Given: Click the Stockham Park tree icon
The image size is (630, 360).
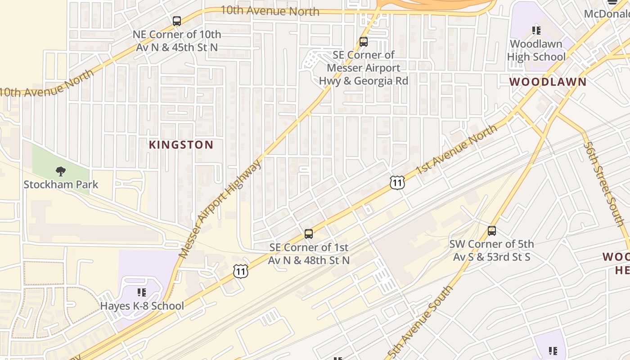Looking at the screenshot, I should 61,171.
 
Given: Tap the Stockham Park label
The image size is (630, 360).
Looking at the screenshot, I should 61,184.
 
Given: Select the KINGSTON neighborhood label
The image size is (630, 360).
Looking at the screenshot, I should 181,145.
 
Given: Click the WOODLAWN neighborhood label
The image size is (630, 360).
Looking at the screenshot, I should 548,82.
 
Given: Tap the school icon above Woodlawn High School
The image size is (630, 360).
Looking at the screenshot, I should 536,31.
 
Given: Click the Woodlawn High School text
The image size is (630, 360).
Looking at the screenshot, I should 536,50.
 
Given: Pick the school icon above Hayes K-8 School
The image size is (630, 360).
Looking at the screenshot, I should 142,292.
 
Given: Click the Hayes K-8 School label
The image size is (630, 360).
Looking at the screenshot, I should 142,306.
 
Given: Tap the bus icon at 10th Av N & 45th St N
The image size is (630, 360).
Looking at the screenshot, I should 177,21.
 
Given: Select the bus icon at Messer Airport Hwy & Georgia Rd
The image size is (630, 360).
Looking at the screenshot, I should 364,42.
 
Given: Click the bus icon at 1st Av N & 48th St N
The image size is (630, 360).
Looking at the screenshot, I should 309,234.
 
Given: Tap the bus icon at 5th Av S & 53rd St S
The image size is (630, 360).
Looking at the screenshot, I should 492,231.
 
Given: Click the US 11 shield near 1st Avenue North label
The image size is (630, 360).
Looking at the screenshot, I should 397,182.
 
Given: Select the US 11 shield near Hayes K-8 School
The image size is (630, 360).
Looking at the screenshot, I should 241,271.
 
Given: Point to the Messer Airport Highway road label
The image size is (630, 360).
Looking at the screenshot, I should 220,209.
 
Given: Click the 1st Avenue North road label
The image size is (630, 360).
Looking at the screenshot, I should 457,149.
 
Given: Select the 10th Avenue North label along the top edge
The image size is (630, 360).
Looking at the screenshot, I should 270,11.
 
